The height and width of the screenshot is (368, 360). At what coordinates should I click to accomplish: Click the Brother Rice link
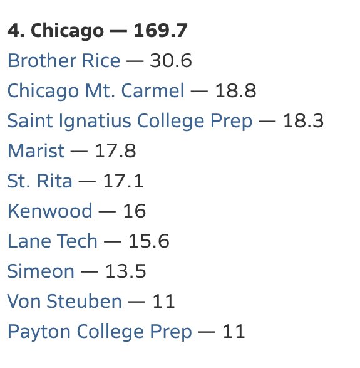63,61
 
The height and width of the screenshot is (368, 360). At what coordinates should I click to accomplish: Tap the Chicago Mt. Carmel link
96,91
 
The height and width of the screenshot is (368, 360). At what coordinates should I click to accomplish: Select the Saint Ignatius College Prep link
130,121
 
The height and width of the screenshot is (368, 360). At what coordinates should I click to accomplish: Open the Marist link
36,151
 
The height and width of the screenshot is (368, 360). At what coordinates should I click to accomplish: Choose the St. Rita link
39,181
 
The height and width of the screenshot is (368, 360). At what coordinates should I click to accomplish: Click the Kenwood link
49,211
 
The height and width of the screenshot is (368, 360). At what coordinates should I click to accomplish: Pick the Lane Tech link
53,241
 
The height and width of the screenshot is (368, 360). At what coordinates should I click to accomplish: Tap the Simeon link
41,271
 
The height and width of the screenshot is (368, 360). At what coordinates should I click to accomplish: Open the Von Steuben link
64,301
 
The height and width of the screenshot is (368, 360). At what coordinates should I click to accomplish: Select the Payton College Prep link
100,331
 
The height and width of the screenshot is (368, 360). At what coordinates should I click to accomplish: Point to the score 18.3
304,121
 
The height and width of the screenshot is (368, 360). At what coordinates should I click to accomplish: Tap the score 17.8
115,151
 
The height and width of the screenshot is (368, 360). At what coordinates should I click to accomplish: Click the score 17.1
123,181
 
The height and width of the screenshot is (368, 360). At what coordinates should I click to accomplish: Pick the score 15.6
149,241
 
